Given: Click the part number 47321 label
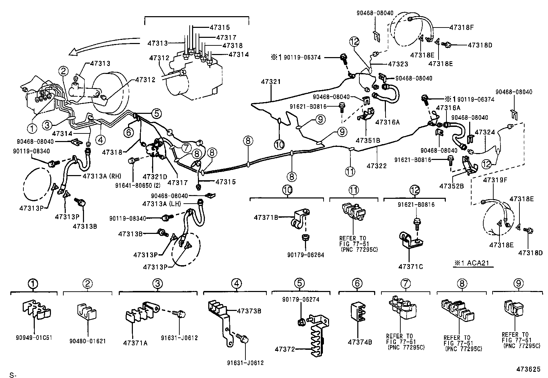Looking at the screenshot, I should tap(271, 82).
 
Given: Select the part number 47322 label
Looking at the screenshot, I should tap(377, 166).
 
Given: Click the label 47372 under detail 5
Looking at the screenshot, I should tap(285, 349).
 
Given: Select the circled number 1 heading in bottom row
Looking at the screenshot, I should tap(33, 284).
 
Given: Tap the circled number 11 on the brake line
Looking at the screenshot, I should tap(350, 171).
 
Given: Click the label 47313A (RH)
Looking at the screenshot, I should tap(102, 176).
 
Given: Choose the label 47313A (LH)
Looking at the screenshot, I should tap(161, 204).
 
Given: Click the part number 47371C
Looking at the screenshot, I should tap(411, 266).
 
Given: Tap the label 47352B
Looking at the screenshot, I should tap(451, 186).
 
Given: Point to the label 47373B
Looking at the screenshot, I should tap(249, 311).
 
